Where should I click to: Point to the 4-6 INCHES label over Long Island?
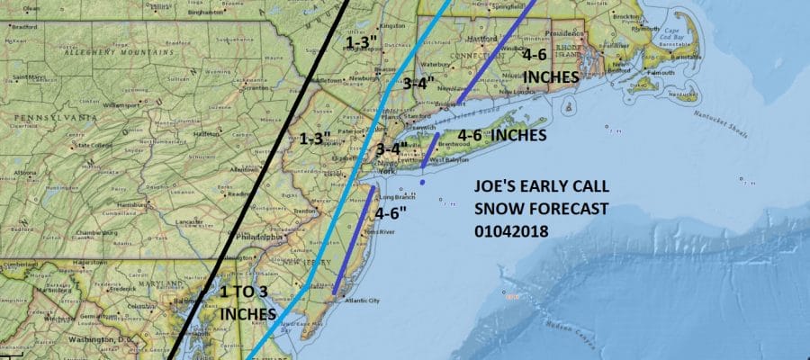[502, 136]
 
